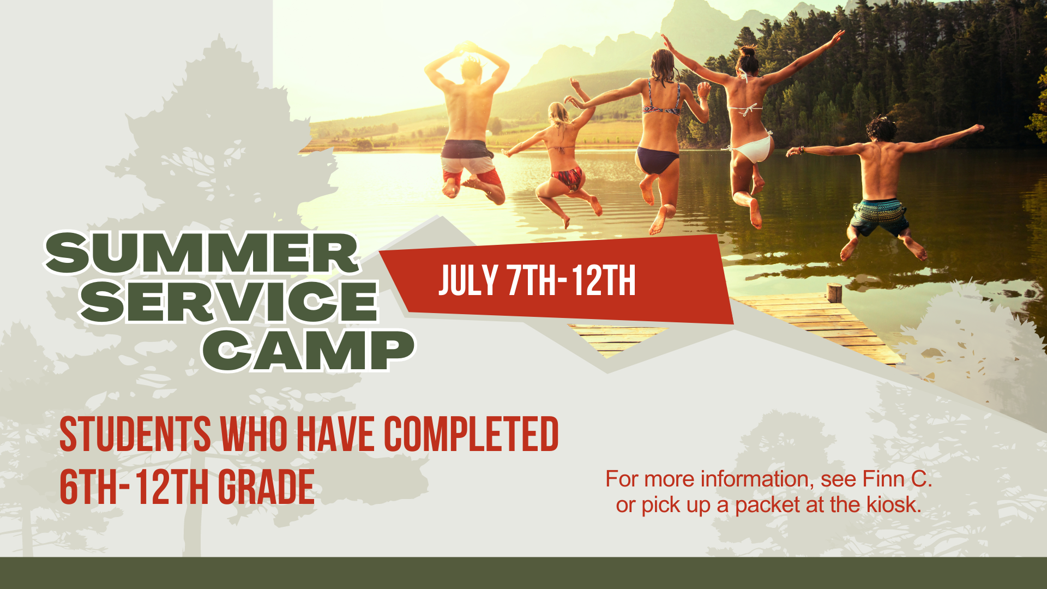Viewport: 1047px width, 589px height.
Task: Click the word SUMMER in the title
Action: tap(202, 253)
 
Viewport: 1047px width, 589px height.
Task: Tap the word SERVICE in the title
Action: tap(229, 301)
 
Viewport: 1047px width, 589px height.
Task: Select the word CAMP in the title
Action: tap(309, 350)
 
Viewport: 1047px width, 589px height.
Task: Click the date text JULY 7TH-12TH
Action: tap(537, 281)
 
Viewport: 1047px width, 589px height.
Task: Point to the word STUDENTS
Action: tap(135, 434)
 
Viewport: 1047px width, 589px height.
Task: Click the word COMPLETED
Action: tap(472, 434)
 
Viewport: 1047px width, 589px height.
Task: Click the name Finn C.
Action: tap(898, 479)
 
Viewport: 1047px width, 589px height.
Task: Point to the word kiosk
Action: tap(894, 504)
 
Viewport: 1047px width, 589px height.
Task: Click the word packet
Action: tap(767, 506)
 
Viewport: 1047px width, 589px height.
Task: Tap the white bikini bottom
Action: tap(753, 148)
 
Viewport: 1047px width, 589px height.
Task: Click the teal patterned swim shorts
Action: tap(878, 217)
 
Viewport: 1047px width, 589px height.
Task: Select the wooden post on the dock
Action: tap(834, 293)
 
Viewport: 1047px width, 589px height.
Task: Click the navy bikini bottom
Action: tap(657, 159)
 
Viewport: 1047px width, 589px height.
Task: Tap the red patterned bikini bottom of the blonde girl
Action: tap(569, 178)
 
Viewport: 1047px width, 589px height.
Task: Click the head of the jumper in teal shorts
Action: tap(880, 129)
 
